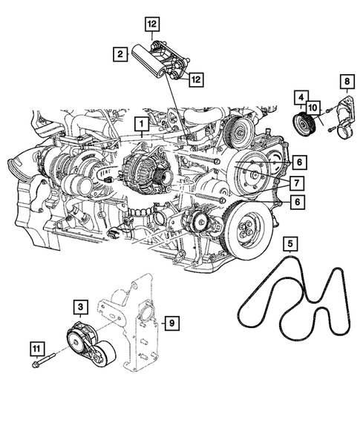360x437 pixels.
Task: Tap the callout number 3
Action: pyautogui.click(x=79, y=305)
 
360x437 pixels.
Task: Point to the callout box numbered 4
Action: pyautogui.click(x=301, y=96)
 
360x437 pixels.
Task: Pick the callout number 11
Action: pyautogui.click(x=35, y=346)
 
